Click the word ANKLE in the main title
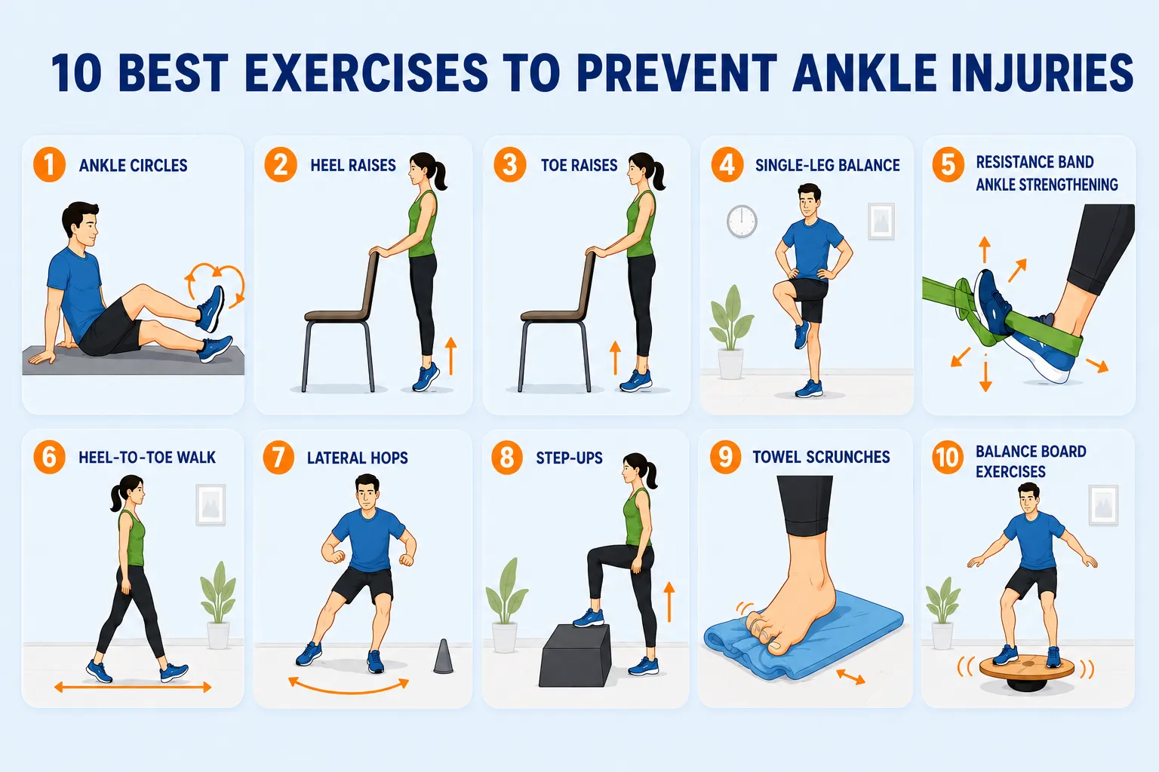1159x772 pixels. pyautogui.click(x=865, y=73)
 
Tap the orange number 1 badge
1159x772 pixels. pyautogui.click(x=49, y=165)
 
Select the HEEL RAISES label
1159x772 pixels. pyautogui.click(x=353, y=165)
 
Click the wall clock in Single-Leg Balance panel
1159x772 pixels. pyautogui.click(x=742, y=222)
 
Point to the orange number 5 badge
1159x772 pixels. pyautogui.click(x=948, y=165)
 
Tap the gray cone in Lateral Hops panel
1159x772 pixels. pyautogui.click(x=443, y=657)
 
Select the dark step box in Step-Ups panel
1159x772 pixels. pyautogui.click(x=575, y=656)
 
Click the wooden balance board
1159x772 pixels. pyautogui.click(x=1026, y=667)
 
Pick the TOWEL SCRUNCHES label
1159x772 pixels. pyautogui.click(x=821, y=457)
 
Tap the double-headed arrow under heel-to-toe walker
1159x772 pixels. pyautogui.click(x=133, y=688)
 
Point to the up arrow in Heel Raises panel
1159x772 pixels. pyautogui.click(x=450, y=356)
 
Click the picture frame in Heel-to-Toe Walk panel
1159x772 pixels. pyautogui.click(x=211, y=504)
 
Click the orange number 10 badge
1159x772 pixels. pyautogui.click(x=948, y=457)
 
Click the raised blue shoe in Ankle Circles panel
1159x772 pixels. pyautogui.click(x=211, y=309)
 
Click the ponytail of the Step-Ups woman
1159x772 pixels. pyautogui.click(x=650, y=474)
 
